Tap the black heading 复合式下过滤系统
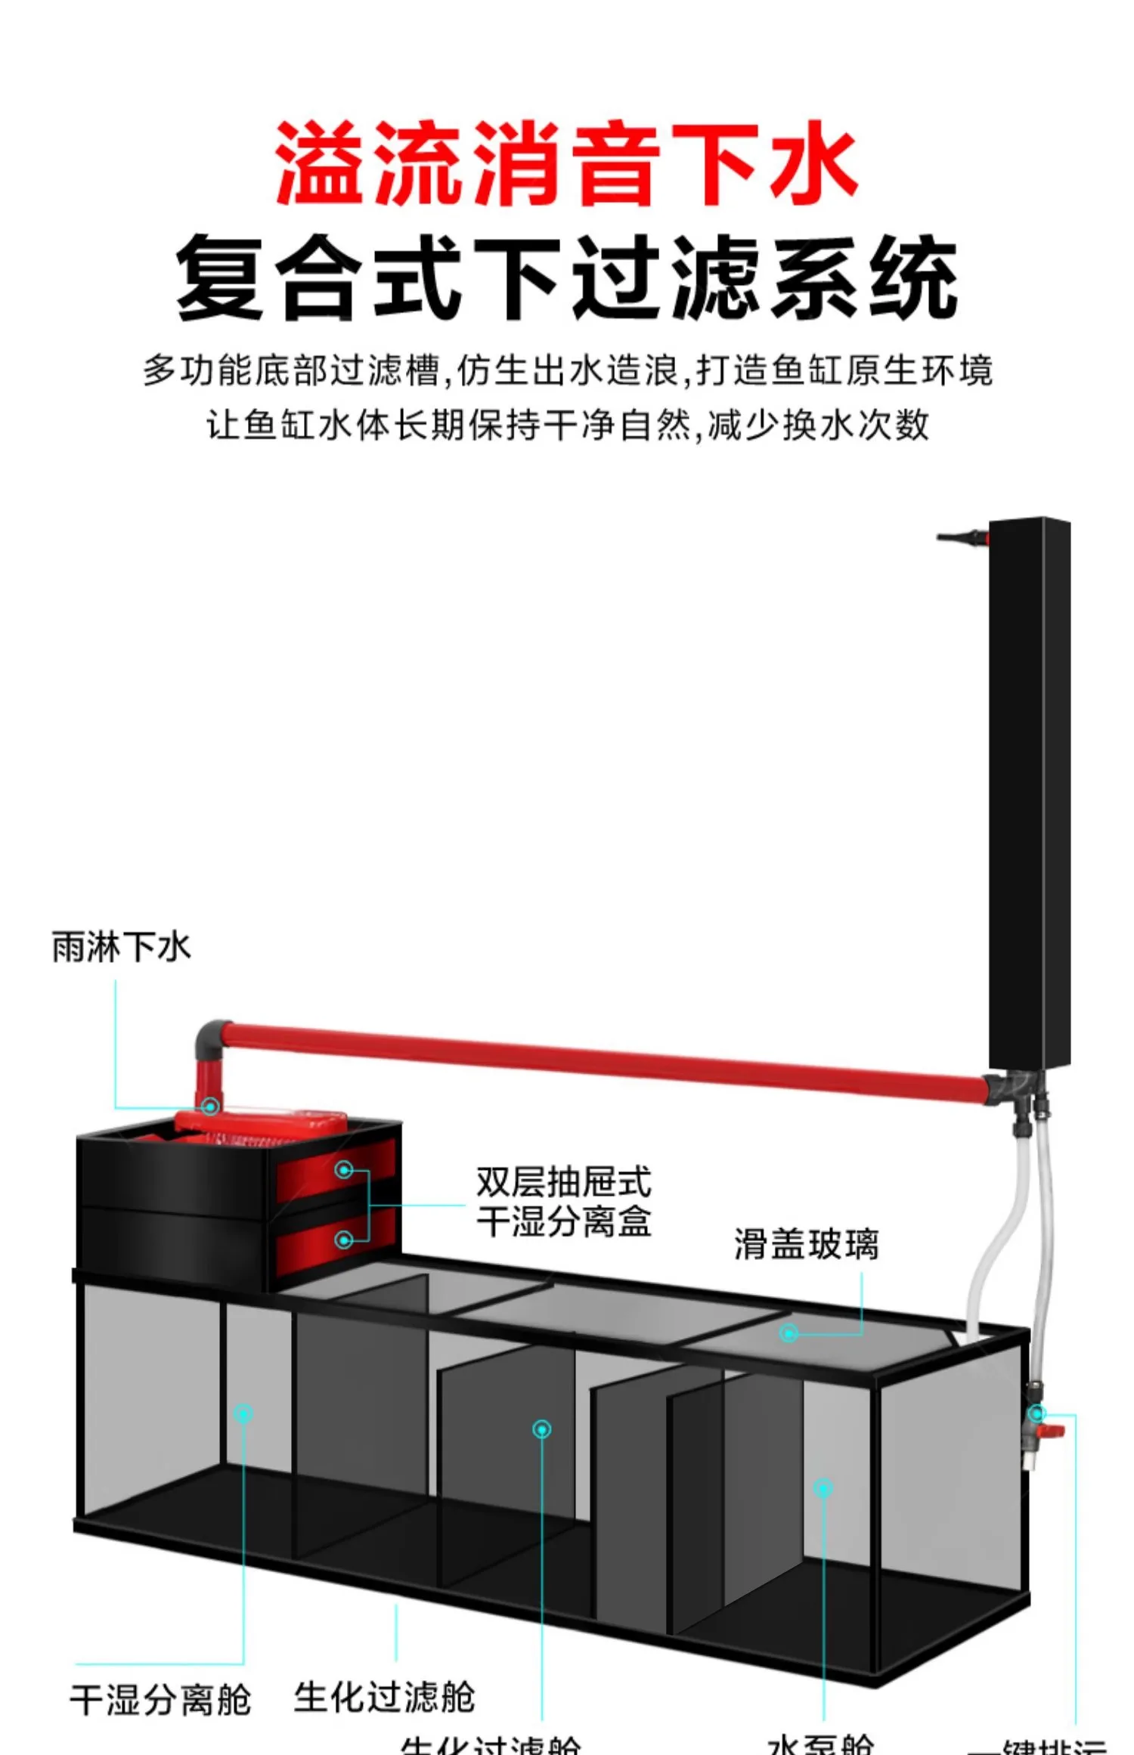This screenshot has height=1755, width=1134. point(566,277)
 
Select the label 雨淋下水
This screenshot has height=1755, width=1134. point(121,947)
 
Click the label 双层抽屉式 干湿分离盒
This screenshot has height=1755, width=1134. point(563,1202)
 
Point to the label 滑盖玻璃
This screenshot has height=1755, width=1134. point(806,1245)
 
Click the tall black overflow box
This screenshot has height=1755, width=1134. point(1029,794)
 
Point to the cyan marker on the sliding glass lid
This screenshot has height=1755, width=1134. point(789,1333)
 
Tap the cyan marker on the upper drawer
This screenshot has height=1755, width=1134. point(344,1170)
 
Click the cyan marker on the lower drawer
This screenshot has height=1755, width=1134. point(344,1240)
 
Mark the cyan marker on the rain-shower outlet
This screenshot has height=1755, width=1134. point(211,1107)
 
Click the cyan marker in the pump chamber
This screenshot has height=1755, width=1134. point(823,1488)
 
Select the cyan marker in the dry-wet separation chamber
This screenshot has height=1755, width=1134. point(243,1413)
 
